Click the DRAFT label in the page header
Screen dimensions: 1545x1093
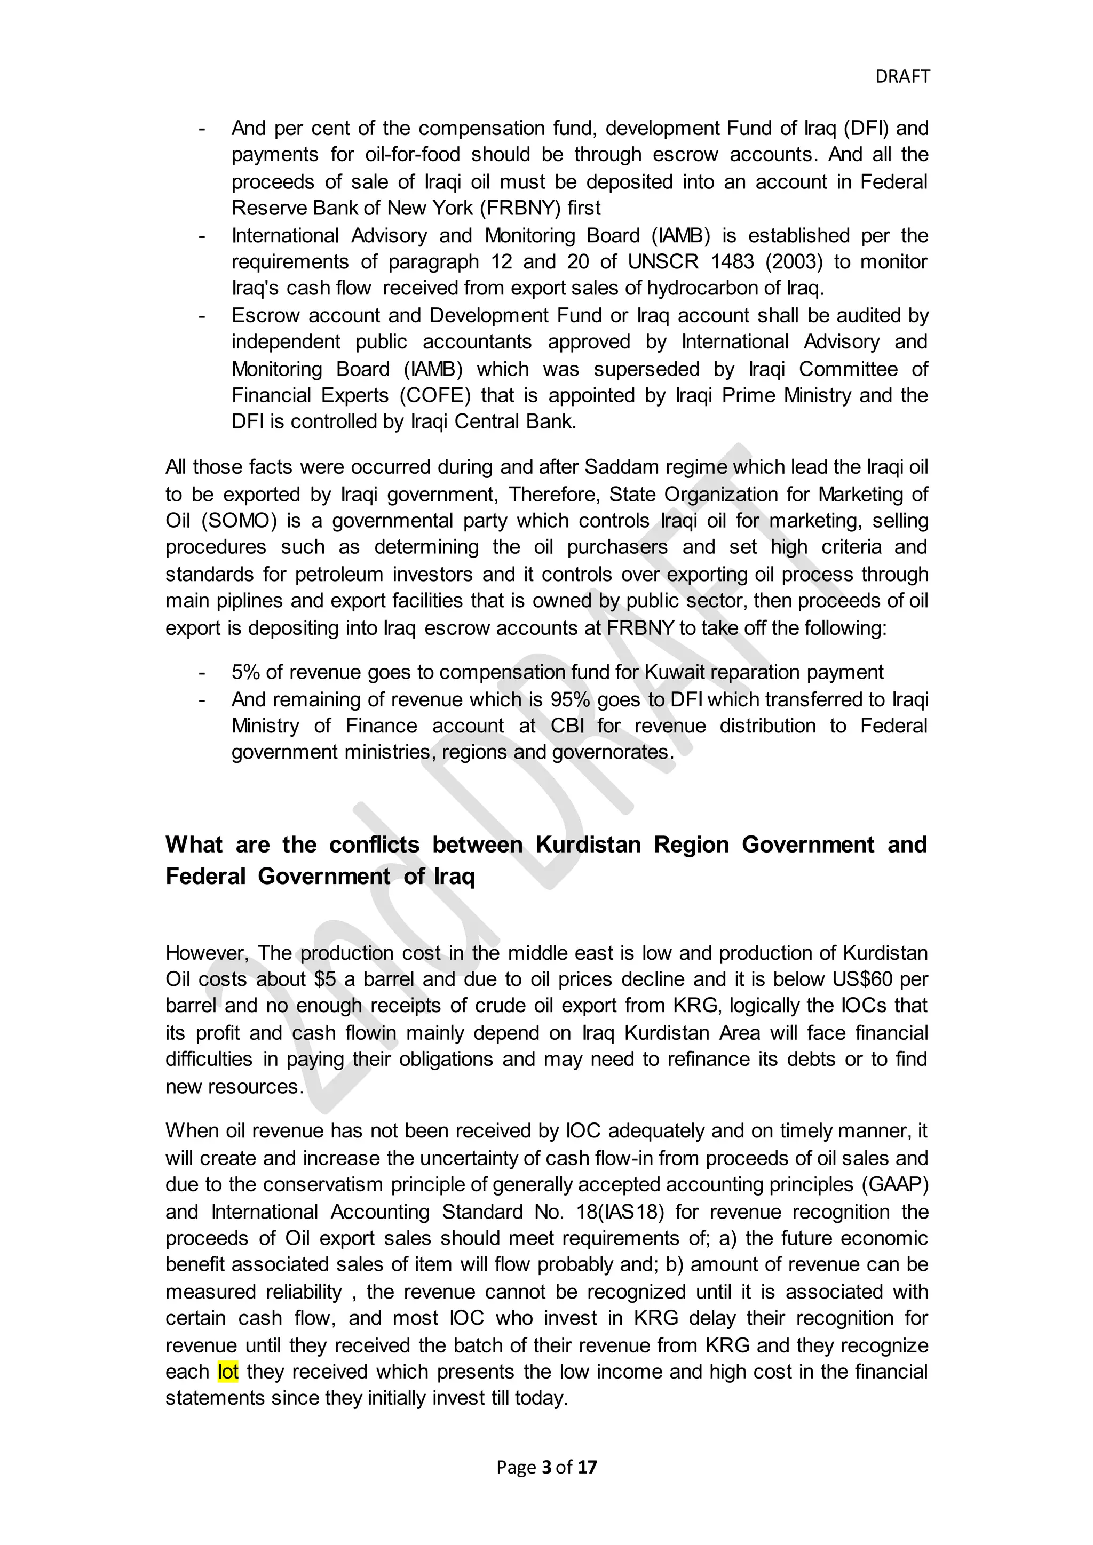point(902,77)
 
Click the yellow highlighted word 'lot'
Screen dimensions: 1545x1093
point(228,1372)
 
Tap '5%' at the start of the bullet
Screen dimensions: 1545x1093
point(245,672)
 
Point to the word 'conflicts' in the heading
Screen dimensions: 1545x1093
point(374,845)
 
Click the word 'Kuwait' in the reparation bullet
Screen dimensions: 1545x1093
point(676,672)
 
